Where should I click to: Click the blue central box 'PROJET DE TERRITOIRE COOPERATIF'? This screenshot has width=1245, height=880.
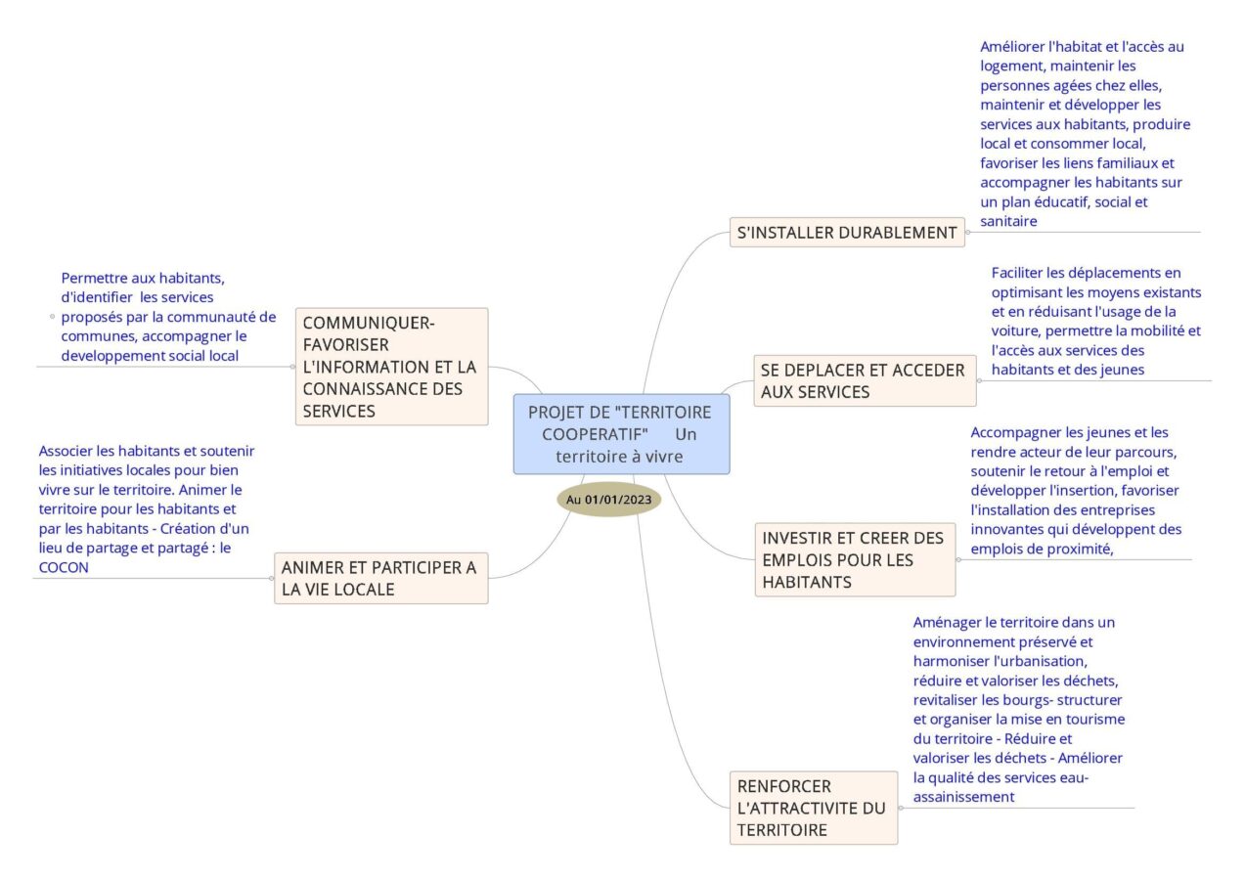point(621,434)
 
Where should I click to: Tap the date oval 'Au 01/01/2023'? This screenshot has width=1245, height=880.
point(608,500)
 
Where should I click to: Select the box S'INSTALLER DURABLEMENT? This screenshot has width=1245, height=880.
point(847,233)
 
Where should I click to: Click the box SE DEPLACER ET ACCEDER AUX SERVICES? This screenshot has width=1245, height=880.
point(865,380)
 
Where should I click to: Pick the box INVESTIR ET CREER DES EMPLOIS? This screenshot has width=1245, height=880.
point(856,559)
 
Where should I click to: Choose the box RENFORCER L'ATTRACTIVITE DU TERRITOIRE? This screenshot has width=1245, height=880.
point(814,808)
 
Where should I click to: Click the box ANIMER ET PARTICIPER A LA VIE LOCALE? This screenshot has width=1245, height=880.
point(381,578)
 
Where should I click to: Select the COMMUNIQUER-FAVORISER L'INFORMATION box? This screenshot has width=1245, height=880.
point(392,367)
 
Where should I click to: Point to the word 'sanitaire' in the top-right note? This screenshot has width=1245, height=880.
point(1008,221)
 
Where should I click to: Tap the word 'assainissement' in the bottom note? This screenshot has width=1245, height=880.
point(963,797)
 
